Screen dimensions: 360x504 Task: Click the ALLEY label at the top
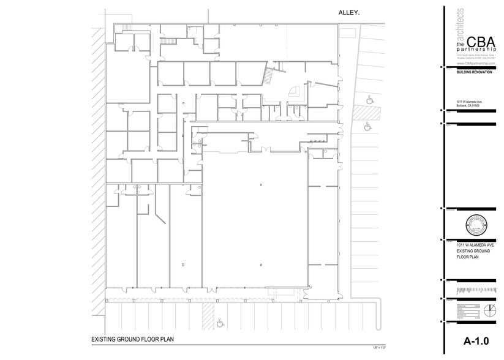coord(349,12)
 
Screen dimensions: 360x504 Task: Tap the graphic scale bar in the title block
coord(475,288)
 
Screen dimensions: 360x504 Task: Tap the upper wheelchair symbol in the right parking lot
coord(369,99)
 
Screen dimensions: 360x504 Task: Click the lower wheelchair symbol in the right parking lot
coord(367,127)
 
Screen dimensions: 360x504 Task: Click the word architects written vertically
coord(461,24)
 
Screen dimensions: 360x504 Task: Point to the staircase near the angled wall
coord(268,77)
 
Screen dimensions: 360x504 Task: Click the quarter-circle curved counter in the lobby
coord(295,91)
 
